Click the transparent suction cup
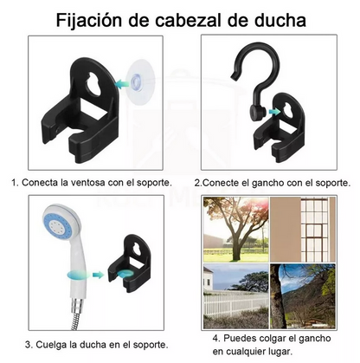(x=140, y=78)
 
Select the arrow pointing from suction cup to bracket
(x=122, y=84)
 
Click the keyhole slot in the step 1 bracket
(x=94, y=84)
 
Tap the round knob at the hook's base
(x=256, y=113)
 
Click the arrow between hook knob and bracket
(x=274, y=112)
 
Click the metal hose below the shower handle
(x=76, y=314)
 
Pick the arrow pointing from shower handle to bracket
(x=98, y=275)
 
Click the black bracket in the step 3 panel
(x=129, y=263)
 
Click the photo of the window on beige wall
(x=303, y=230)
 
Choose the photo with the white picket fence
(x=236, y=296)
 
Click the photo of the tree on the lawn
(x=236, y=230)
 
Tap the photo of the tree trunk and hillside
(x=303, y=296)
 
